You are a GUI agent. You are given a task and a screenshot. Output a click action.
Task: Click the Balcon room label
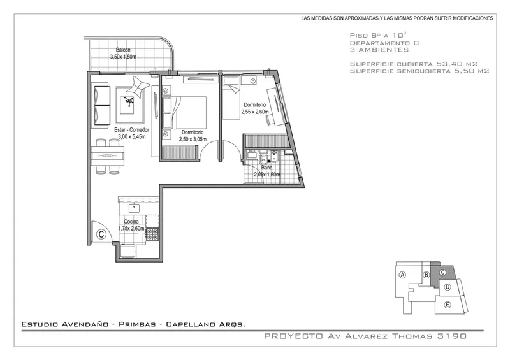coord(123,50)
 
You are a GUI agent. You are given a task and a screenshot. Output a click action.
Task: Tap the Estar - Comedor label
coord(131,130)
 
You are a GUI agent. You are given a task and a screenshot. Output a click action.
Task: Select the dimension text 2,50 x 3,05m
coord(193,139)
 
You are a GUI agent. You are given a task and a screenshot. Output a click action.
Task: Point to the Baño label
coord(266,168)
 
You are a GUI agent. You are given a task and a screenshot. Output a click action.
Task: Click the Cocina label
coord(131,222)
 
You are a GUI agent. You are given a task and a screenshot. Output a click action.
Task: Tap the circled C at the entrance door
coord(101,234)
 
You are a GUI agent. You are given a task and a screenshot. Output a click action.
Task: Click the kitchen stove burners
coord(152,234)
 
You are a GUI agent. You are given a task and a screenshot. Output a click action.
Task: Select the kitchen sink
coord(134,208)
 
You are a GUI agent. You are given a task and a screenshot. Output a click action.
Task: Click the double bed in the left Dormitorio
coord(184,113)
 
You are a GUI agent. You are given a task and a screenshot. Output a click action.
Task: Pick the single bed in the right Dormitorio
coord(231,102)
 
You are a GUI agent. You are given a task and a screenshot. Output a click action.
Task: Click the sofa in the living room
coord(102,105)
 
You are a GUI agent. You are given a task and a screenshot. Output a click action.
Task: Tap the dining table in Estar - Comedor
coord(108,156)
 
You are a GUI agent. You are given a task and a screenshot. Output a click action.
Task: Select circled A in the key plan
coord(402,275)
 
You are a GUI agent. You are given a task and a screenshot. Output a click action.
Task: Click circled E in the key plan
coord(448,305)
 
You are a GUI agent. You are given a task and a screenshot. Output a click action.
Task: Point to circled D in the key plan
coord(448,287)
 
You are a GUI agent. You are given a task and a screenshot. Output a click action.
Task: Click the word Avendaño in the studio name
coord(85,324)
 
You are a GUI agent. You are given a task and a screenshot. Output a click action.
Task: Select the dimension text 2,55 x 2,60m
coord(255,112)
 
